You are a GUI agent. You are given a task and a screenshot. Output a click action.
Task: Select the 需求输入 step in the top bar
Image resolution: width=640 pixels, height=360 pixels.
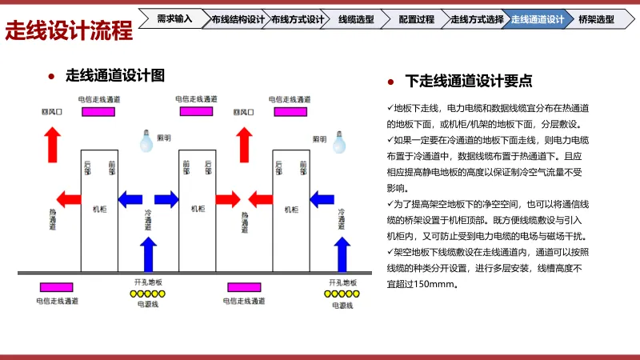[x=174, y=18]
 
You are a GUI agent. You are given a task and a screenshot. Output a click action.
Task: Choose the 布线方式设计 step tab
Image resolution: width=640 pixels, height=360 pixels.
[x=296, y=18]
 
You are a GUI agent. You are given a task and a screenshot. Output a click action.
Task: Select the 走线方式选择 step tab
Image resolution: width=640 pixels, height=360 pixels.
[x=477, y=18]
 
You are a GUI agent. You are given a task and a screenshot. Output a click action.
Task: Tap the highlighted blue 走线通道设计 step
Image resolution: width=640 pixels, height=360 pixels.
[x=538, y=18]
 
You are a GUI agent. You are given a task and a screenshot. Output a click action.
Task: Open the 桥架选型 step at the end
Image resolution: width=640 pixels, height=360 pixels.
[x=597, y=18]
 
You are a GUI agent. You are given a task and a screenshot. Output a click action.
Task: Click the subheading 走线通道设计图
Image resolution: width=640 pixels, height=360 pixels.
[x=115, y=76]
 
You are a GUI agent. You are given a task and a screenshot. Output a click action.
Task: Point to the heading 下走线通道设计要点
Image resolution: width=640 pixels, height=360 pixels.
[x=469, y=80]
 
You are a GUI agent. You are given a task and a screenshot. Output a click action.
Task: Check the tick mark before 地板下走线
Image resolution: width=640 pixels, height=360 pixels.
[x=390, y=107]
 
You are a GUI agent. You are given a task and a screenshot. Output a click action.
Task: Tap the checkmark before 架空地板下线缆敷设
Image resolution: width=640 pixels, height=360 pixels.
[x=390, y=252]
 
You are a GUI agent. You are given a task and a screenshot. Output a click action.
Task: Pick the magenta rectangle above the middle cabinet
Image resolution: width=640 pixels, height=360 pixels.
[x=196, y=111]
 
